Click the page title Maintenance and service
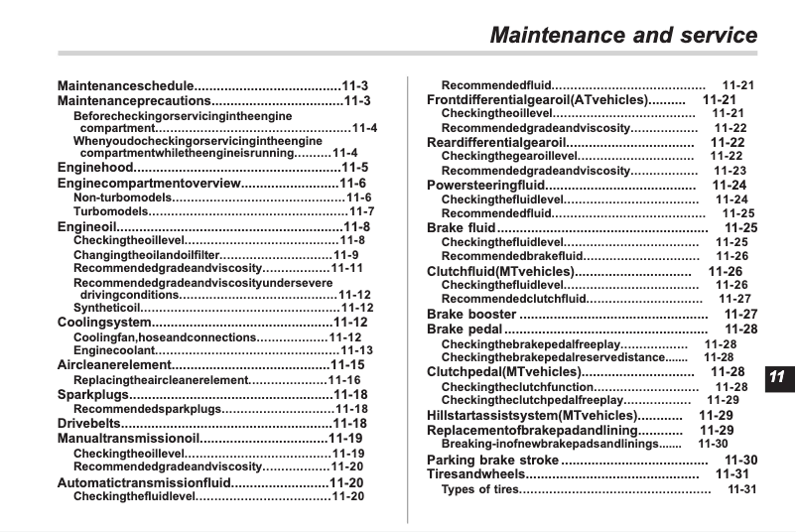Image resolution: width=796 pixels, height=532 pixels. tap(624, 36)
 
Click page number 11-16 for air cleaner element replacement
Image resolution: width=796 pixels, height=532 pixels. tap(344, 380)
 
